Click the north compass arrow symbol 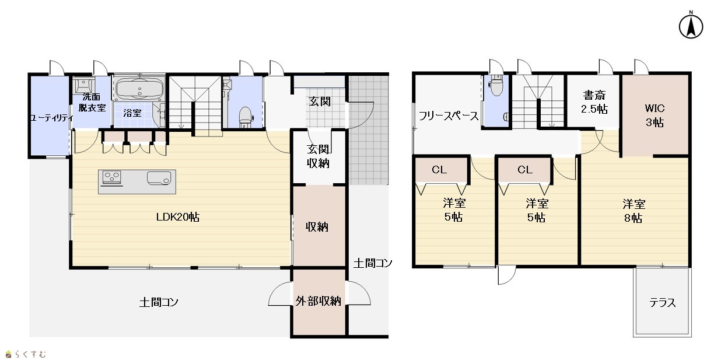coord(691,26)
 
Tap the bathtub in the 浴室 coord(139,89)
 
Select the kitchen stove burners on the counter coord(111,178)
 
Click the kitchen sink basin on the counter coord(159,178)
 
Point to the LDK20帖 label coord(178,217)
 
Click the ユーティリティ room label coord(51,118)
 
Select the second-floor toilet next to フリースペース coord(496,85)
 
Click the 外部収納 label coord(318,301)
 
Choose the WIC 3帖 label coord(654,116)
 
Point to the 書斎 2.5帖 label coord(594,102)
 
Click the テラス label coord(662,303)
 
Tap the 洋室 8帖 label coord(633,211)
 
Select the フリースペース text coord(449,116)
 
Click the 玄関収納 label coord(318,156)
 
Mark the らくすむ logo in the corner coord(26,354)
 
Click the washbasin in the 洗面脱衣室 coord(83,86)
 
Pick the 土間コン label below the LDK coord(159,302)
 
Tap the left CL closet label coord(439,170)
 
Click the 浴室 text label coord(132,113)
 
